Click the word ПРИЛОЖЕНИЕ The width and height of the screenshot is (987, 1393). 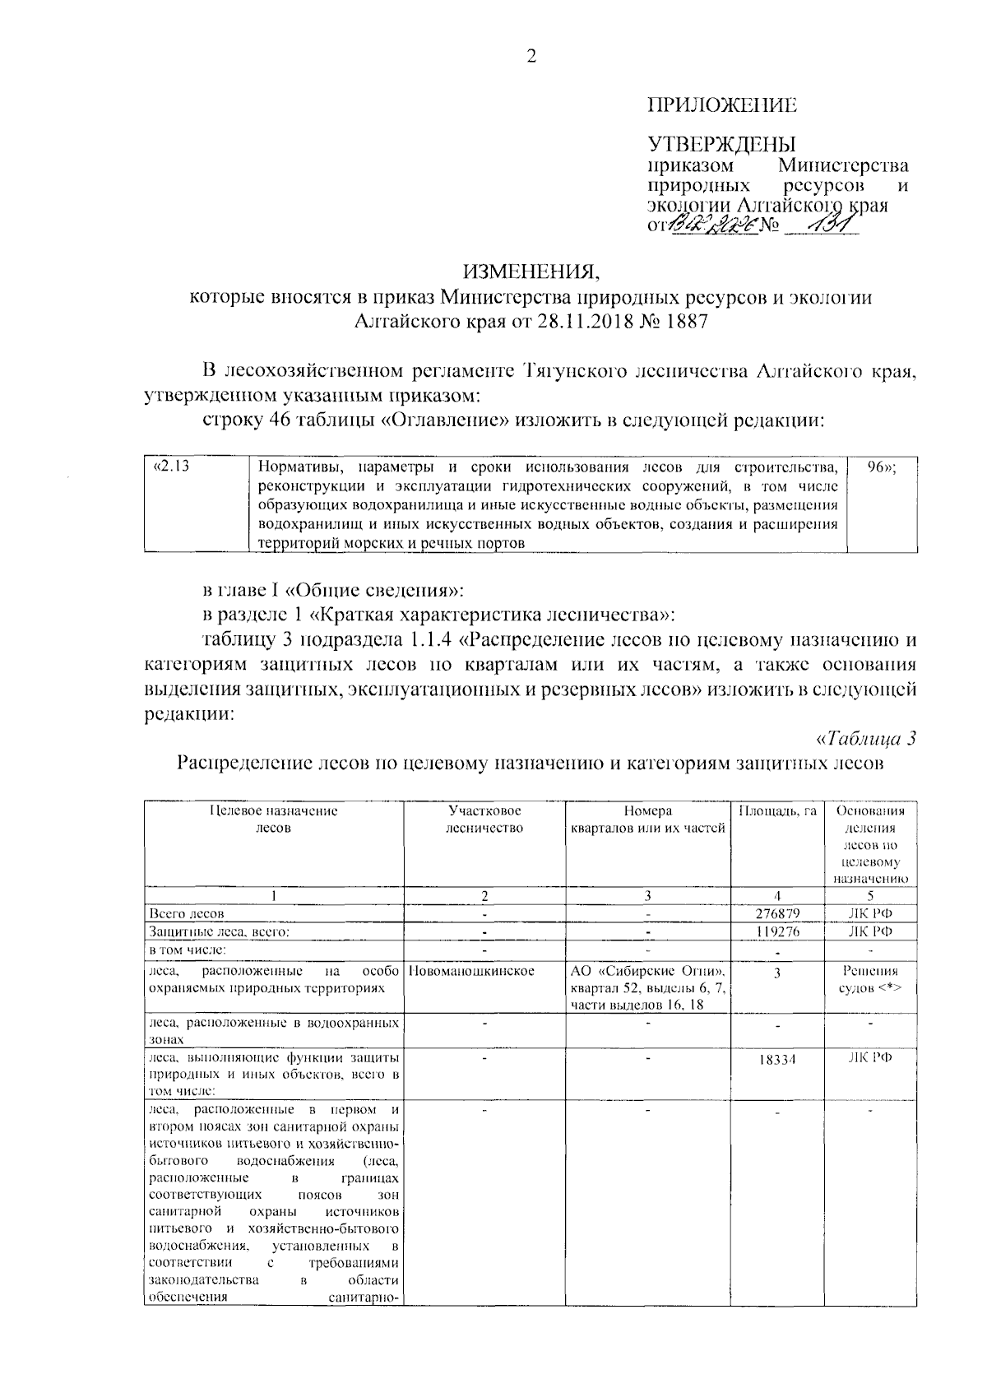722,105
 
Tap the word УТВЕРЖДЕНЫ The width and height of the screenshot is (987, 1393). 722,145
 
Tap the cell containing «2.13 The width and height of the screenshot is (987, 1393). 173,469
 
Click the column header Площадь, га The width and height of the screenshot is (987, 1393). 777,811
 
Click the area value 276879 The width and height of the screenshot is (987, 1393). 777,914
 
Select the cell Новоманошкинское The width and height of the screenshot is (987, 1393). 471,972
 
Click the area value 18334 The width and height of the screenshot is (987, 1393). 777,1061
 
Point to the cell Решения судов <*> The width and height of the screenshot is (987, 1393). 870,979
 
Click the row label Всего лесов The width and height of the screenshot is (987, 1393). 187,914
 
